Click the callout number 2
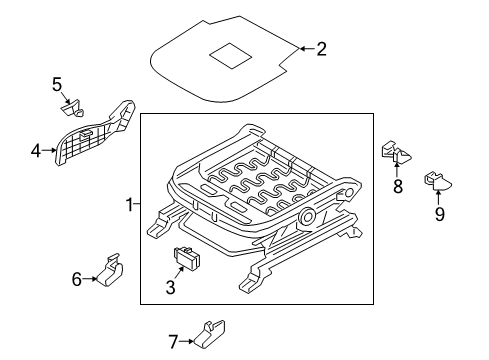pos(322,47)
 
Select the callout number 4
pos(36,152)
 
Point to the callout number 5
pos(57,84)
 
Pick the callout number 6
pos(76,280)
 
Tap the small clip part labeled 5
pos(74,102)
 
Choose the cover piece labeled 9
pos(436,180)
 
